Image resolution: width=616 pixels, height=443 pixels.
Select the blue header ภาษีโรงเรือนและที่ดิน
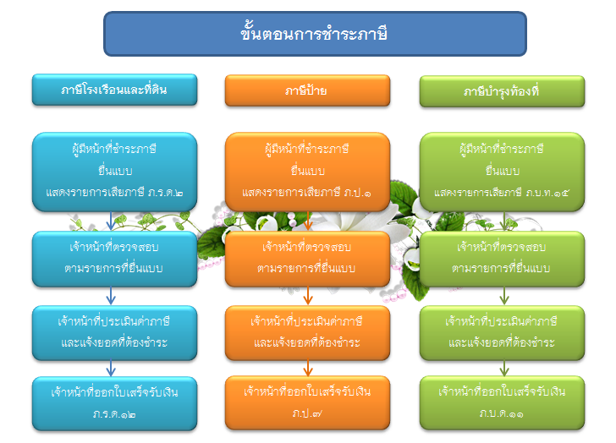(x=114, y=90)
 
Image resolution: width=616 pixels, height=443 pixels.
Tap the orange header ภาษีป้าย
(x=307, y=90)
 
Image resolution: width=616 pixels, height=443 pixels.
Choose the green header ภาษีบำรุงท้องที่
(x=502, y=91)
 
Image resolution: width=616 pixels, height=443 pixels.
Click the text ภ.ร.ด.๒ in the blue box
(x=166, y=193)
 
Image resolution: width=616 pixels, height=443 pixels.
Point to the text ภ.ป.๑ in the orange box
(x=357, y=193)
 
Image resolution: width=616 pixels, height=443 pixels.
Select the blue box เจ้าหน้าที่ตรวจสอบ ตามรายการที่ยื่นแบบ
(x=114, y=259)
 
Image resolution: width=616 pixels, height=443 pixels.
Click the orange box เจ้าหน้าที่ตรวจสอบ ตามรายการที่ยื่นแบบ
(x=307, y=259)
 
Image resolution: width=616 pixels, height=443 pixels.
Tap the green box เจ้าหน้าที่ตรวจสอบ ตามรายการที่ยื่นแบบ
(x=502, y=259)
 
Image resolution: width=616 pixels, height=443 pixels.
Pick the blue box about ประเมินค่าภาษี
(x=114, y=333)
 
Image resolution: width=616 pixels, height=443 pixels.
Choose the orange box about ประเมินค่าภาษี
(x=307, y=333)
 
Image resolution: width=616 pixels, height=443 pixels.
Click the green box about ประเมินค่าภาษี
(x=502, y=333)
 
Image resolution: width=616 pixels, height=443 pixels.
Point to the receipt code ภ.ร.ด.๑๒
(x=114, y=414)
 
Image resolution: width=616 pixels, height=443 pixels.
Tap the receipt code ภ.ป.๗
(x=307, y=413)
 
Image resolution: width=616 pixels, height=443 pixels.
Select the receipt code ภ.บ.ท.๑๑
(x=501, y=413)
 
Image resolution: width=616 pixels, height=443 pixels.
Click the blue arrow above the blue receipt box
(x=111, y=369)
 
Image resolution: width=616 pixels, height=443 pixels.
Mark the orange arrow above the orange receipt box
(x=308, y=368)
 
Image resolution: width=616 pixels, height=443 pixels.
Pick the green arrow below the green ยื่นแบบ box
(x=504, y=221)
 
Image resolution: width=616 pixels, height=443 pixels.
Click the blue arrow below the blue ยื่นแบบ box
(x=111, y=221)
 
